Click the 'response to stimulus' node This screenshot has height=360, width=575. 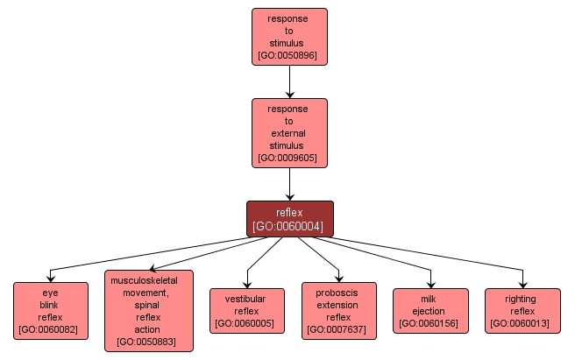pos(289,37)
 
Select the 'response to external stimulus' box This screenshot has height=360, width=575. pos(289,132)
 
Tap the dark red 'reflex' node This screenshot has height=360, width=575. pos(289,218)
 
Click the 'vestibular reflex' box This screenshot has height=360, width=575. pos(246,311)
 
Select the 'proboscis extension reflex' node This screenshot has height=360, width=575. pos(338,310)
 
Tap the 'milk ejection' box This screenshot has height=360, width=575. pos(430,311)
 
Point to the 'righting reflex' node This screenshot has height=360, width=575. pos(522,311)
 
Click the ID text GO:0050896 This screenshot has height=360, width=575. pos(289,55)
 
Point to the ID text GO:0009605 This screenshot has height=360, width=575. pos(289,159)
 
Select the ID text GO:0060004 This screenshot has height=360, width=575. pos(289,226)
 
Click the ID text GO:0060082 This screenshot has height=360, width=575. pos(51,329)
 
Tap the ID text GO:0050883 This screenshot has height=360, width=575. pos(148,342)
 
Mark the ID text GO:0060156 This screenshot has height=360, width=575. pos(430,324)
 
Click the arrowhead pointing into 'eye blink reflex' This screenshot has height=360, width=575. pos(53,276)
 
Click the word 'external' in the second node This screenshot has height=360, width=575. pos(289,133)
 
